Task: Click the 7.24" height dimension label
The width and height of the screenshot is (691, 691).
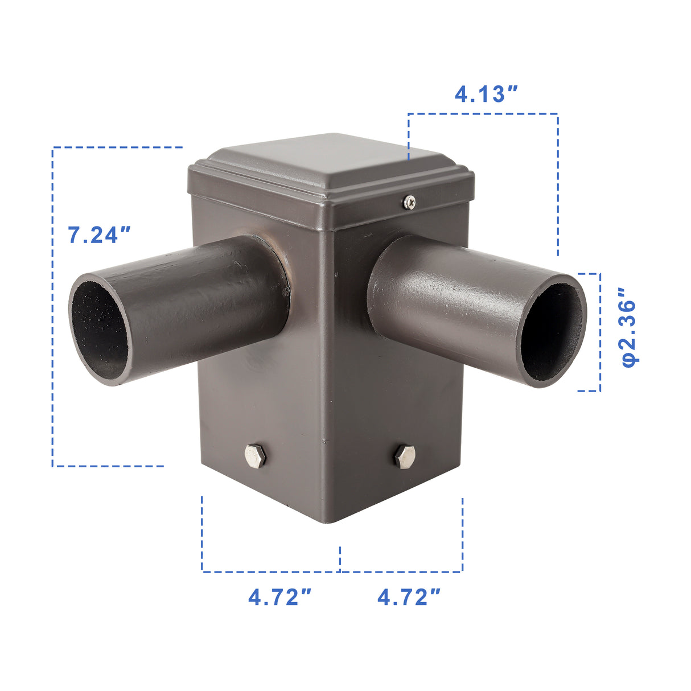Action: click(x=100, y=235)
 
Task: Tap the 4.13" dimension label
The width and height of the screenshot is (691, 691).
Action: click(x=486, y=94)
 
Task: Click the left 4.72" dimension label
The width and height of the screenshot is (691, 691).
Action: click(x=280, y=597)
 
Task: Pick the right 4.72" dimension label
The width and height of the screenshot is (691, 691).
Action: click(x=409, y=597)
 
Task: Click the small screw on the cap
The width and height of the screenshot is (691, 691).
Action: click(x=409, y=201)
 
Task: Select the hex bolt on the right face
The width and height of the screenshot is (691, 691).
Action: click(x=404, y=456)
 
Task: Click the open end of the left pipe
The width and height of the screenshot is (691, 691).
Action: click(x=99, y=330)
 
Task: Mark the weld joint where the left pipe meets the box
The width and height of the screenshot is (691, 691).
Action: click(x=285, y=273)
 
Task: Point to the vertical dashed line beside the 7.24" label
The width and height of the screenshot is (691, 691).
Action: click(x=52, y=342)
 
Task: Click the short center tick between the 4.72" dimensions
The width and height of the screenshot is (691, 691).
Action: click(x=340, y=558)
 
